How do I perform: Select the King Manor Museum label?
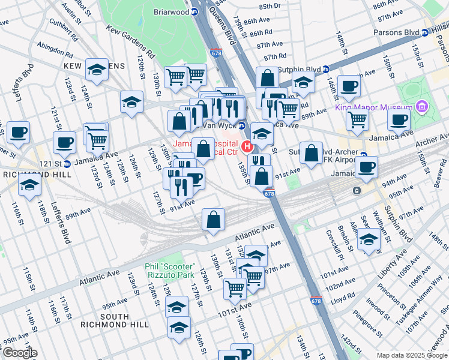(373, 108)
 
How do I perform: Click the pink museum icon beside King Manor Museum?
(423, 107)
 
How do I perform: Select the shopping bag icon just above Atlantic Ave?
(214, 220)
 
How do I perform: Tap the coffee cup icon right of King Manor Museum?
(399, 119)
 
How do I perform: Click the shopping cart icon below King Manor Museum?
(358, 119)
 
